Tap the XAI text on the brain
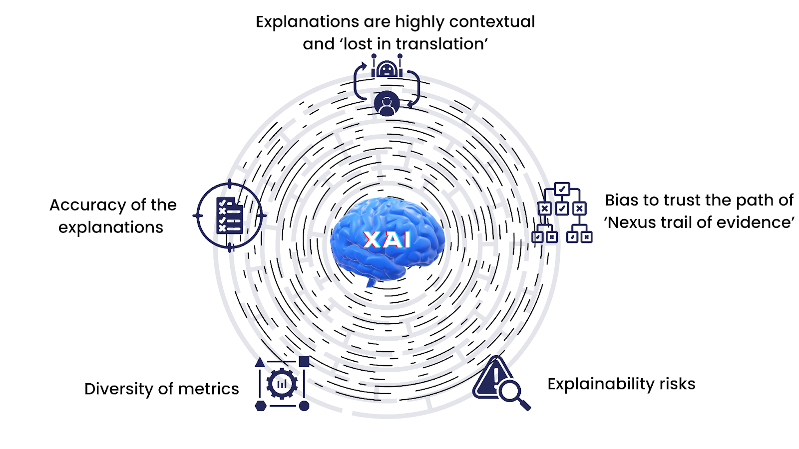click(x=387, y=239)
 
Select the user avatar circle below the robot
click(x=387, y=104)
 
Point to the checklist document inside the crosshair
click(x=229, y=216)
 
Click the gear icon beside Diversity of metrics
click(x=282, y=384)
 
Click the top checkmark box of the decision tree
click(x=562, y=189)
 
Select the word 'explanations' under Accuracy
click(x=111, y=227)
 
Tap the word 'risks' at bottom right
click(x=677, y=384)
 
